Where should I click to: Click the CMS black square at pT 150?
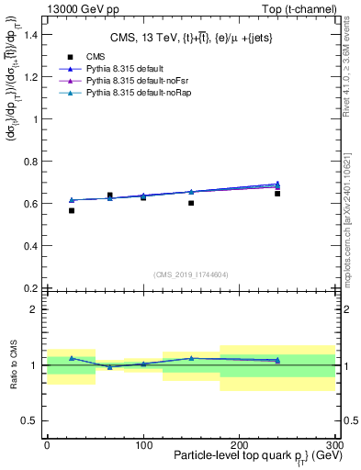(191, 203)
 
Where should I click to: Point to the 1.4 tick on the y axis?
(33, 34)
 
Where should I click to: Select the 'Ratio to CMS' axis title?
(13, 365)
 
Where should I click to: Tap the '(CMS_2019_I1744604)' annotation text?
(190, 274)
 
